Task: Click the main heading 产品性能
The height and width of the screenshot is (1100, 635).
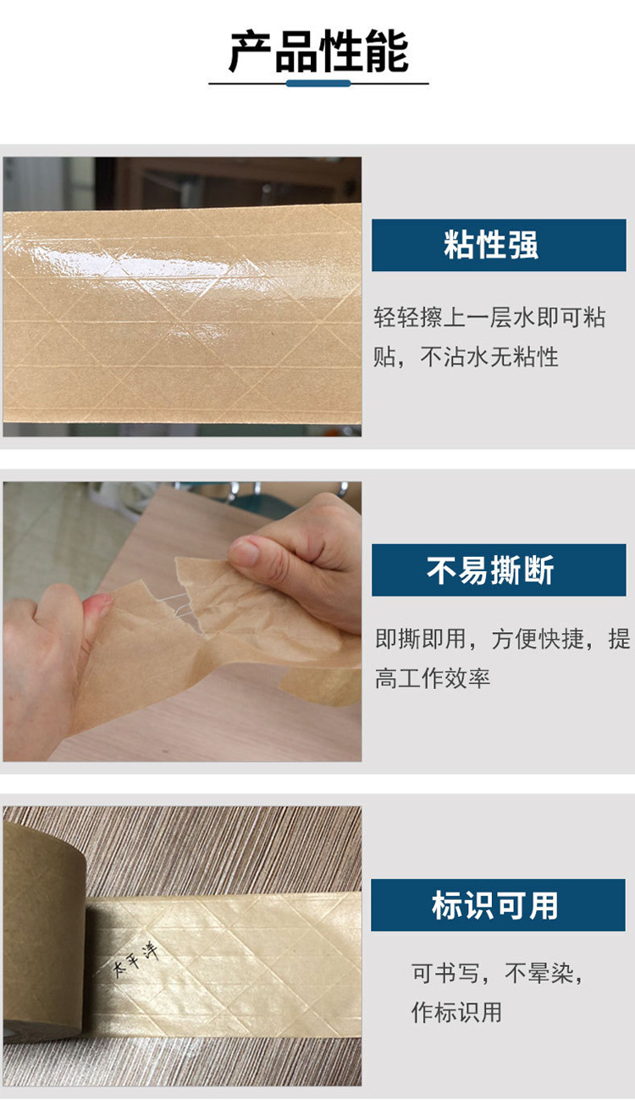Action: pyautogui.click(x=318, y=52)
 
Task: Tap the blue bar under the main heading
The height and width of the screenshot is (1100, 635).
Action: pyautogui.click(x=318, y=84)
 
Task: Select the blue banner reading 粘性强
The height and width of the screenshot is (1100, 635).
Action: pyautogui.click(x=499, y=245)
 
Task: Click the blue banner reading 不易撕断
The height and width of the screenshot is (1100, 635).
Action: pyautogui.click(x=499, y=570)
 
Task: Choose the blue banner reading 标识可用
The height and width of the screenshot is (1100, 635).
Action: pyautogui.click(x=498, y=905)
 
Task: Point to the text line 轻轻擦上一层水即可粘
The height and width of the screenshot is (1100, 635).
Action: pyautogui.click(x=489, y=317)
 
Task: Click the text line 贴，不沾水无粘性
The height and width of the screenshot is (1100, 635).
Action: pyautogui.click(x=466, y=357)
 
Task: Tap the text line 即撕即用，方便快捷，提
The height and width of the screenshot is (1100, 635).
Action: pyautogui.click(x=503, y=639)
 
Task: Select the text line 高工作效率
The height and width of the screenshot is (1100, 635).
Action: pyautogui.click(x=433, y=678)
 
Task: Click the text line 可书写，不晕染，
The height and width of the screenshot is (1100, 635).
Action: pyautogui.click(x=496, y=973)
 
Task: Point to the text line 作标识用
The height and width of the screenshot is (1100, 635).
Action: pyautogui.click(x=456, y=1013)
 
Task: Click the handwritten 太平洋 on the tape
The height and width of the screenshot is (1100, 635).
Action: pyautogui.click(x=136, y=958)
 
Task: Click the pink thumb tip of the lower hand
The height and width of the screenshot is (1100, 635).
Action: pyautogui.click(x=101, y=604)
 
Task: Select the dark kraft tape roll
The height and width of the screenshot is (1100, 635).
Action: pyautogui.click(x=44, y=928)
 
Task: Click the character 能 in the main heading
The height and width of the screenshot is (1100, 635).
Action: pyautogui.click(x=388, y=52)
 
